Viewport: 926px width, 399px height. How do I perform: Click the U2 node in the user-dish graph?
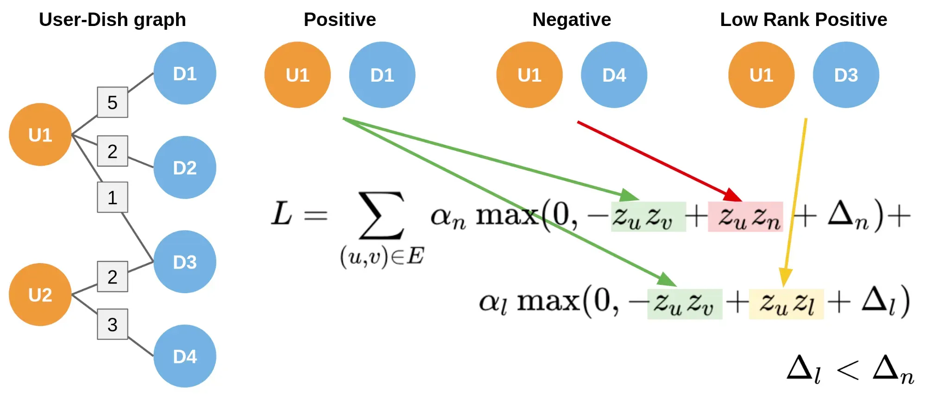40,295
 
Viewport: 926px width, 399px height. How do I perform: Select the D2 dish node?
184,167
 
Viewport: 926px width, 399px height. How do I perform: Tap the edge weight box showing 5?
113,102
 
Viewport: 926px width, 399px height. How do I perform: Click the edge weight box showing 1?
113,197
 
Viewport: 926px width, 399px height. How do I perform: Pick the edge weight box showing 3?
113,324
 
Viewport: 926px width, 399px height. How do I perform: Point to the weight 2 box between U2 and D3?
113,277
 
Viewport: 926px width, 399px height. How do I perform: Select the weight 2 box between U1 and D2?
113,151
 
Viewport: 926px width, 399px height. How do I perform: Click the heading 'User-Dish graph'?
113,19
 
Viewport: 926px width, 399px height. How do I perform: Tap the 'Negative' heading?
572,19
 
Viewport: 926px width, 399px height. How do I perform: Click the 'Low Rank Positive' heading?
803,19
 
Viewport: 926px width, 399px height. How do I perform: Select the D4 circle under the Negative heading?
614,75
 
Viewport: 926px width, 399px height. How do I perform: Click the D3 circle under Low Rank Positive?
846,75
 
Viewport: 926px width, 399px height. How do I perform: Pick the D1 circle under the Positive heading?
382,75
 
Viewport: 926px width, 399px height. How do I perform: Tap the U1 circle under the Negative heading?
529,75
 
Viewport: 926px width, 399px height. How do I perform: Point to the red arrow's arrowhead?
735,195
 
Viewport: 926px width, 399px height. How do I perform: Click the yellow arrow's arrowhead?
785,278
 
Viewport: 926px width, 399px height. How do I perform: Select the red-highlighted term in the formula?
745,217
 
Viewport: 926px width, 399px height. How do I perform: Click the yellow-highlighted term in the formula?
786,304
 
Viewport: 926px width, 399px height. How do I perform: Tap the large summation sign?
382,216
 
